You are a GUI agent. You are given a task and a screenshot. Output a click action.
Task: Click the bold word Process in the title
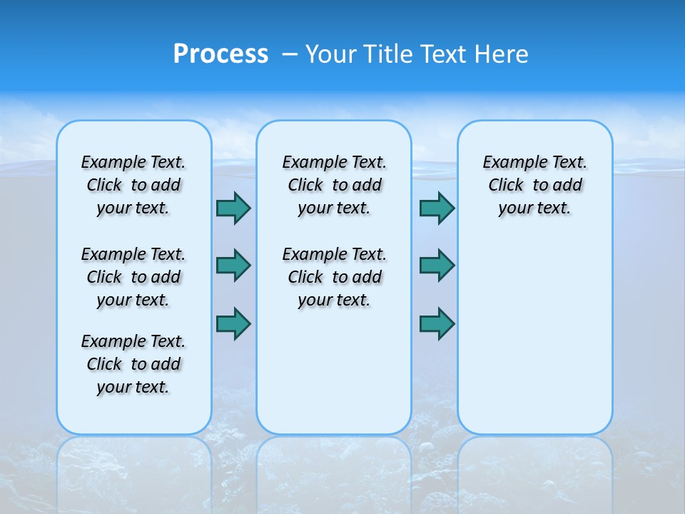pos(220,54)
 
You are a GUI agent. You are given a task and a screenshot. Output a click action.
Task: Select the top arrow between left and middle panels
pos(233,208)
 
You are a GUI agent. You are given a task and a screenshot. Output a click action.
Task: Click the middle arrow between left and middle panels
pos(233,266)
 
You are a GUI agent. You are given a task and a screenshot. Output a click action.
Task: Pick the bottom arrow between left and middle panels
pos(233,323)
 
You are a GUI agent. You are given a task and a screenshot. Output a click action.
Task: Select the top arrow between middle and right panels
pos(437,208)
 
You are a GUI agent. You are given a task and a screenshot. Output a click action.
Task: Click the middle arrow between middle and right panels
pos(437,266)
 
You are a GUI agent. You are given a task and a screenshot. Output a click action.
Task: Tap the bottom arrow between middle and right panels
pos(437,323)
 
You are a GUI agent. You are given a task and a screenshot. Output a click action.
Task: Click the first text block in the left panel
pos(133,185)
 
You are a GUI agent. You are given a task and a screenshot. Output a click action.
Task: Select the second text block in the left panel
pos(133,277)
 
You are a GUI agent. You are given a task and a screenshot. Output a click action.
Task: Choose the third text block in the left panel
pos(133,364)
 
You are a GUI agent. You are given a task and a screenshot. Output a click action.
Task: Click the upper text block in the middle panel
pos(334,185)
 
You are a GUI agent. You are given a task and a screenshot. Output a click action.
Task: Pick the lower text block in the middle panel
pos(334,277)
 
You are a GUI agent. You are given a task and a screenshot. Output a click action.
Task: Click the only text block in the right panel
pos(535,185)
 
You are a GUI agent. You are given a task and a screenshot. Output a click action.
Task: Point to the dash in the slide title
pos(290,54)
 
